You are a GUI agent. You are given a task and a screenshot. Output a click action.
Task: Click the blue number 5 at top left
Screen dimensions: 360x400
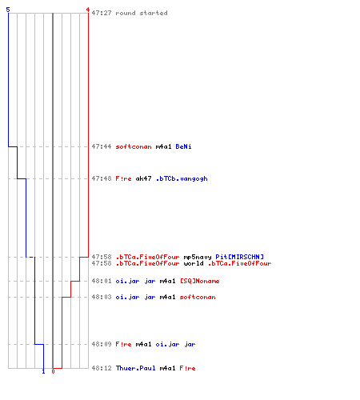coord(8,10)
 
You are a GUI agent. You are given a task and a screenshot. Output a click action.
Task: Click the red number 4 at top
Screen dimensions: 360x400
coord(88,10)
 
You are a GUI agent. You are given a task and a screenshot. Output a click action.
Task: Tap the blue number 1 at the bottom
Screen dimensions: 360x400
coord(43,371)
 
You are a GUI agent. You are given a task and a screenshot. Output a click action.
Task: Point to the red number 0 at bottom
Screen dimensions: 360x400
coord(53,371)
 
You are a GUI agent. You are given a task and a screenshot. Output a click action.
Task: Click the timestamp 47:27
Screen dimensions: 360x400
coord(102,13)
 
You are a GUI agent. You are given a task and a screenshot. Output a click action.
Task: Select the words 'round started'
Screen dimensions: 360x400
coord(142,13)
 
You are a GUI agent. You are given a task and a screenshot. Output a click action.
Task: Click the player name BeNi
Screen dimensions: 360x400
coord(183,146)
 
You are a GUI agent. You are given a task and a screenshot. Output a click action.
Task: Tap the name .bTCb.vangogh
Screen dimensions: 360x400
coord(182,178)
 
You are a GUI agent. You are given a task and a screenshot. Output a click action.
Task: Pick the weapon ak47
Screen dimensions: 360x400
coord(143,178)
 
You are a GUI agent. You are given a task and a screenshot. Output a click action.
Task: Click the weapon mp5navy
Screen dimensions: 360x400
coord(198,257)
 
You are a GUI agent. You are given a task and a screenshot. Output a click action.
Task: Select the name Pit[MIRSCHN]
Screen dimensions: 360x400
coord(239,257)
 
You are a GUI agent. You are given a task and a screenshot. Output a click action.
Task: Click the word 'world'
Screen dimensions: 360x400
coord(194,263)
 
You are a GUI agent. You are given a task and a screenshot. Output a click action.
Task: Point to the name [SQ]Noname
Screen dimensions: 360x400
coord(199,281)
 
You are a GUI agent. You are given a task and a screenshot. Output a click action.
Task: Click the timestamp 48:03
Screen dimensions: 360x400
coord(102,297)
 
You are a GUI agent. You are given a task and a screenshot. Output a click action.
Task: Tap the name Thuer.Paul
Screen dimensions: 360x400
coord(135,368)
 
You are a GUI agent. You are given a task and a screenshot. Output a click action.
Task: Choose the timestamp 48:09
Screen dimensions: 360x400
coord(102,344)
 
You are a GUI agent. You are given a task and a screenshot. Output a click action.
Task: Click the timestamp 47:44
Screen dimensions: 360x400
coord(102,146)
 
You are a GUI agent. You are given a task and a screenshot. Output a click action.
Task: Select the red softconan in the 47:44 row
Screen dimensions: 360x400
coord(134,146)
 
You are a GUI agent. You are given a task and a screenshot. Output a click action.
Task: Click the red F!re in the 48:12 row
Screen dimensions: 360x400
coord(187,368)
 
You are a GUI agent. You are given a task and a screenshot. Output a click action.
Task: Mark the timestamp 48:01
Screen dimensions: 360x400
coord(102,281)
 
